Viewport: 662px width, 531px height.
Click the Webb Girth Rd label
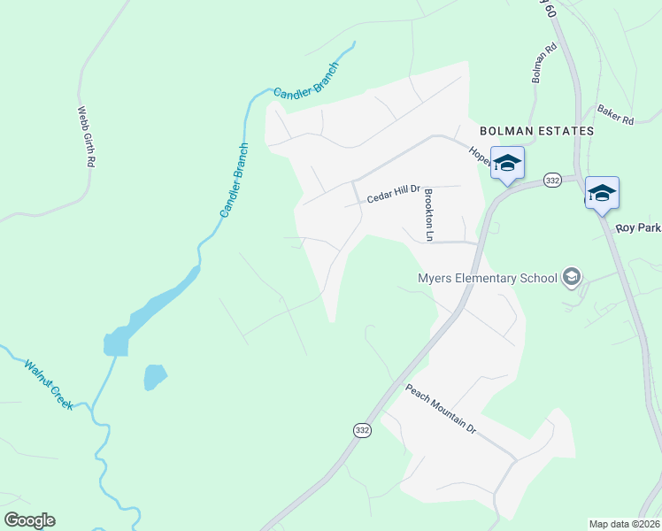click(86, 137)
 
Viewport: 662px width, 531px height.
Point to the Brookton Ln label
click(428, 215)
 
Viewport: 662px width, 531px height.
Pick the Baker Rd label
click(615, 113)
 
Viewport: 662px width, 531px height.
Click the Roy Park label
click(638, 228)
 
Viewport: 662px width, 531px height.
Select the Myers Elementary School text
click(487, 278)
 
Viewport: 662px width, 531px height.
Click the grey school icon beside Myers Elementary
click(572, 278)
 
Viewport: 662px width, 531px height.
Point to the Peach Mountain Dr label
click(441, 407)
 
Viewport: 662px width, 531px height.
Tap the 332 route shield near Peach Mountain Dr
click(362, 429)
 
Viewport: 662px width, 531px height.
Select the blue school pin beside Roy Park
click(602, 193)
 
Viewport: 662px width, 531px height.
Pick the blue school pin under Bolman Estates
click(508, 164)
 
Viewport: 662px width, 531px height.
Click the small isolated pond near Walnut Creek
click(155, 376)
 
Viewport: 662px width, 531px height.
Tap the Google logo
click(29, 520)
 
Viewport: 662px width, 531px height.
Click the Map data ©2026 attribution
click(625, 524)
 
